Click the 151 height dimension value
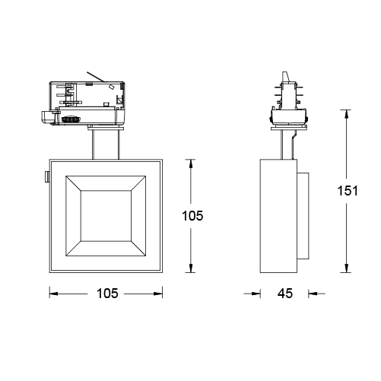[348, 192]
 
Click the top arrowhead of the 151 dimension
[348, 113]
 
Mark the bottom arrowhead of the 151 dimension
[348, 270]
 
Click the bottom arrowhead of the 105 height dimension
[191, 270]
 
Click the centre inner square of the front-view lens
[106, 215]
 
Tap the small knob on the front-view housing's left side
[46, 177]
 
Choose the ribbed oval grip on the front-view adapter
[74, 119]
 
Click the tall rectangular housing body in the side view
[278, 216]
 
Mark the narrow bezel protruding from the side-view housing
[303, 216]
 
